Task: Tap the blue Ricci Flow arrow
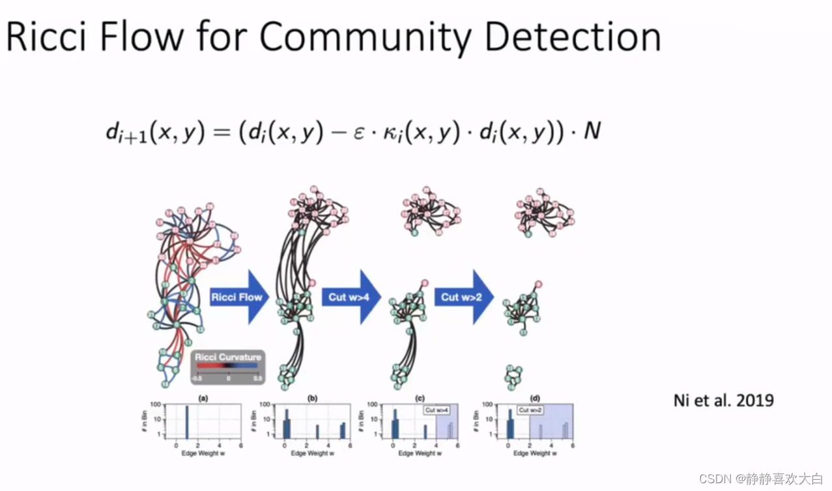pyautogui.click(x=238, y=297)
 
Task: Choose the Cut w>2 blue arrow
pyautogui.click(x=463, y=297)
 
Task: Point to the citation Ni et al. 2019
pyautogui.click(x=723, y=399)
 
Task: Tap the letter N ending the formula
pyautogui.click(x=592, y=132)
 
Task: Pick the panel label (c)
pyautogui.click(x=419, y=398)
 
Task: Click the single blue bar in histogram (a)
pyautogui.click(x=187, y=422)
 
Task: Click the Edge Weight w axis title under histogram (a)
pyautogui.click(x=202, y=453)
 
